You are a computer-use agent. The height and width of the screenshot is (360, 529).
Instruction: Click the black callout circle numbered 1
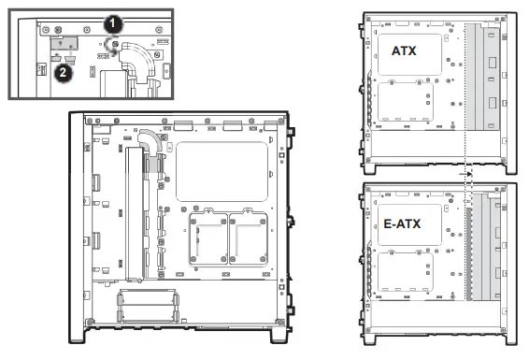(113, 23)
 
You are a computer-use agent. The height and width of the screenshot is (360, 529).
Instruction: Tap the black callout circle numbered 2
(64, 72)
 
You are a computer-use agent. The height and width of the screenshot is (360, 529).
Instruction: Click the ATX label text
(404, 50)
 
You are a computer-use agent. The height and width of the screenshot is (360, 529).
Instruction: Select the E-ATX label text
(402, 223)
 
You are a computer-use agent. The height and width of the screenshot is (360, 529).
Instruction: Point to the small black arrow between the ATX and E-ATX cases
(465, 174)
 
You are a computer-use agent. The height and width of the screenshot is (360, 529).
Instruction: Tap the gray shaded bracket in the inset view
(64, 43)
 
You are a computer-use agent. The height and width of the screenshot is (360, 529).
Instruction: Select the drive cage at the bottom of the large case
(148, 306)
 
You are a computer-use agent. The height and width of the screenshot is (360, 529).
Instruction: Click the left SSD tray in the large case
(208, 238)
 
